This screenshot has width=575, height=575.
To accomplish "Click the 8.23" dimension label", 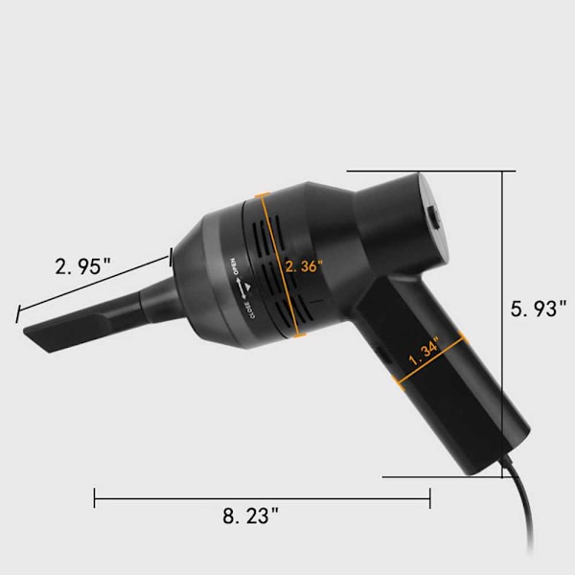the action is click(250, 516).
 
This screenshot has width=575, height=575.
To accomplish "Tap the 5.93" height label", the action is click(539, 309).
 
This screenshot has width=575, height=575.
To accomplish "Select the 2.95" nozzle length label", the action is click(82, 266).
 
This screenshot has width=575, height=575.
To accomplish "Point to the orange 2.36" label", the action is click(304, 266).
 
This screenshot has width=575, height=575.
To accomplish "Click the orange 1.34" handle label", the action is click(424, 352).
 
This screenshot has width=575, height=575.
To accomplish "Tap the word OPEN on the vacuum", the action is click(234, 266).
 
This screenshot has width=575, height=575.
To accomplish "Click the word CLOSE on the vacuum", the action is click(253, 310).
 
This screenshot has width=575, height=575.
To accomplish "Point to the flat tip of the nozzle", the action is click(36, 338).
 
